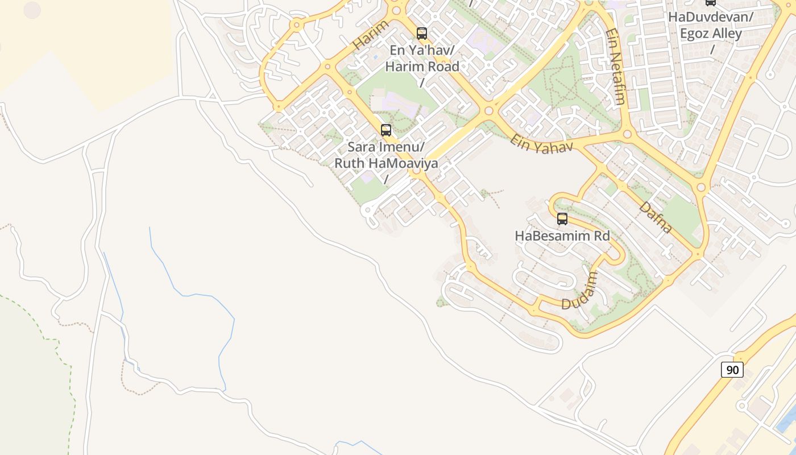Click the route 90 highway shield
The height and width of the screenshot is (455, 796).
tap(732, 370)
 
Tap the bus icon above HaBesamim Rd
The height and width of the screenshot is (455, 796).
tap(562, 219)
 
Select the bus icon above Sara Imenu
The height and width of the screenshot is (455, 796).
tap(386, 130)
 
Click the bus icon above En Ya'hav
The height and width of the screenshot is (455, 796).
tap(421, 34)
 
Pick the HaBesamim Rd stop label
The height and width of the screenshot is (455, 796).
tap(562, 235)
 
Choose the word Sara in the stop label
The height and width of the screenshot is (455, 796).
tap(360, 147)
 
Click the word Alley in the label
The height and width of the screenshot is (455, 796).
tap(727, 34)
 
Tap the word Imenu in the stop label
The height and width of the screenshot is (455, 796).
tap(400, 147)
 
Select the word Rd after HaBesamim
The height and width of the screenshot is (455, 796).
tap(600, 235)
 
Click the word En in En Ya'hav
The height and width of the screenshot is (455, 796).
tap(397, 50)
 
